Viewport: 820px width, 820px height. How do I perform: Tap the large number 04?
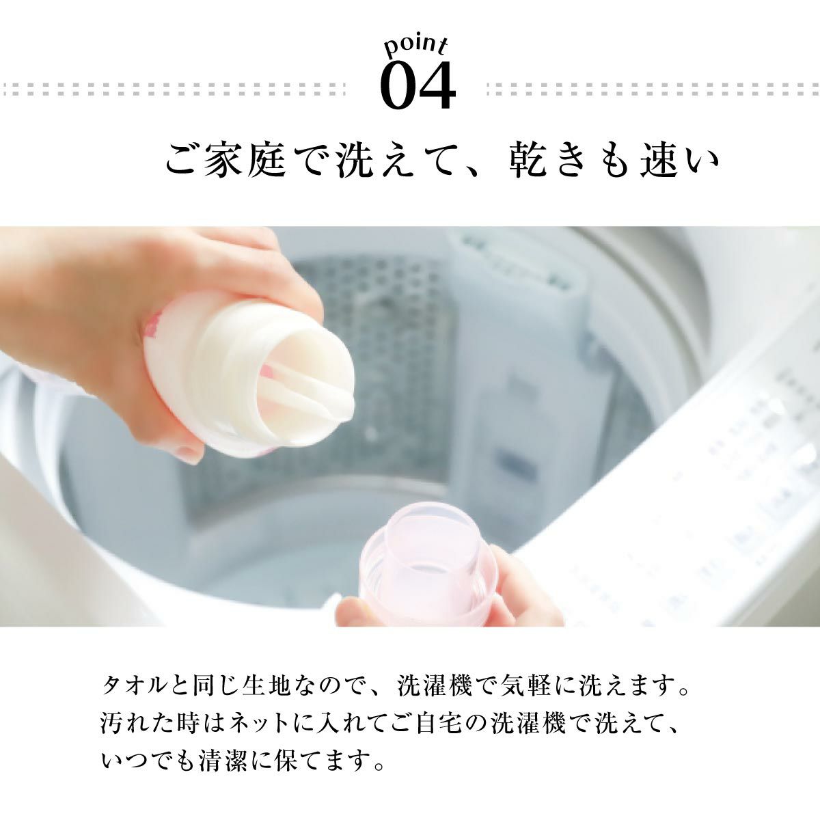click(x=418, y=86)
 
